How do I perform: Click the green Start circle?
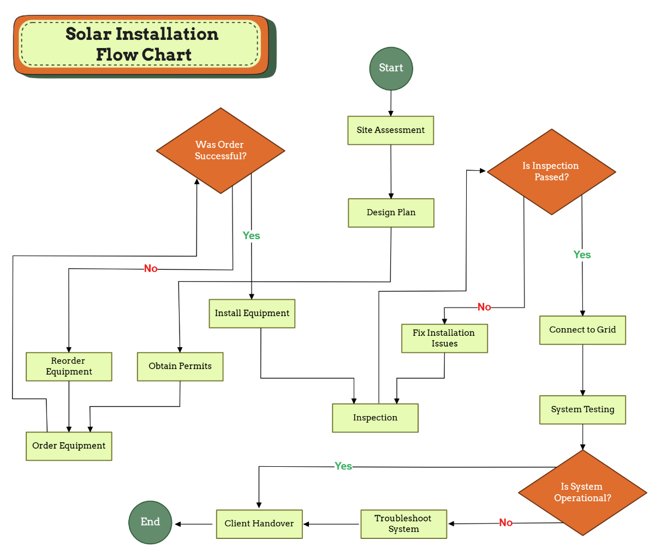(x=391, y=68)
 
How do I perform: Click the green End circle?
(x=150, y=523)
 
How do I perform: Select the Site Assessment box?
(x=391, y=130)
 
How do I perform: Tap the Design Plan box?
(x=391, y=213)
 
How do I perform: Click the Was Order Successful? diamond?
(x=221, y=151)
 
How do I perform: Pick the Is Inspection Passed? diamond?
(x=551, y=172)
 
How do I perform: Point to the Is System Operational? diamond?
(x=582, y=492)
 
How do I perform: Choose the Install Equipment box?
(x=252, y=313)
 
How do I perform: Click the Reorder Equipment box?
(x=69, y=366)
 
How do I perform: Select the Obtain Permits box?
(x=180, y=366)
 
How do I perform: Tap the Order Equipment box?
(x=69, y=446)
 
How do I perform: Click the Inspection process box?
(x=375, y=418)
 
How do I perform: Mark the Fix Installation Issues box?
(x=444, y=339)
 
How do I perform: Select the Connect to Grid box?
(x=582, y=330)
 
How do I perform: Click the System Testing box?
(x=582, y=410)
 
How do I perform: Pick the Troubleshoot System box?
(x=403, y=524)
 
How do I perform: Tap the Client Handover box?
(x=259, y=524)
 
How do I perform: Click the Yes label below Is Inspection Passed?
(x=582, y=255)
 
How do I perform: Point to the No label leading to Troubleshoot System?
(x=505, y=523)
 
